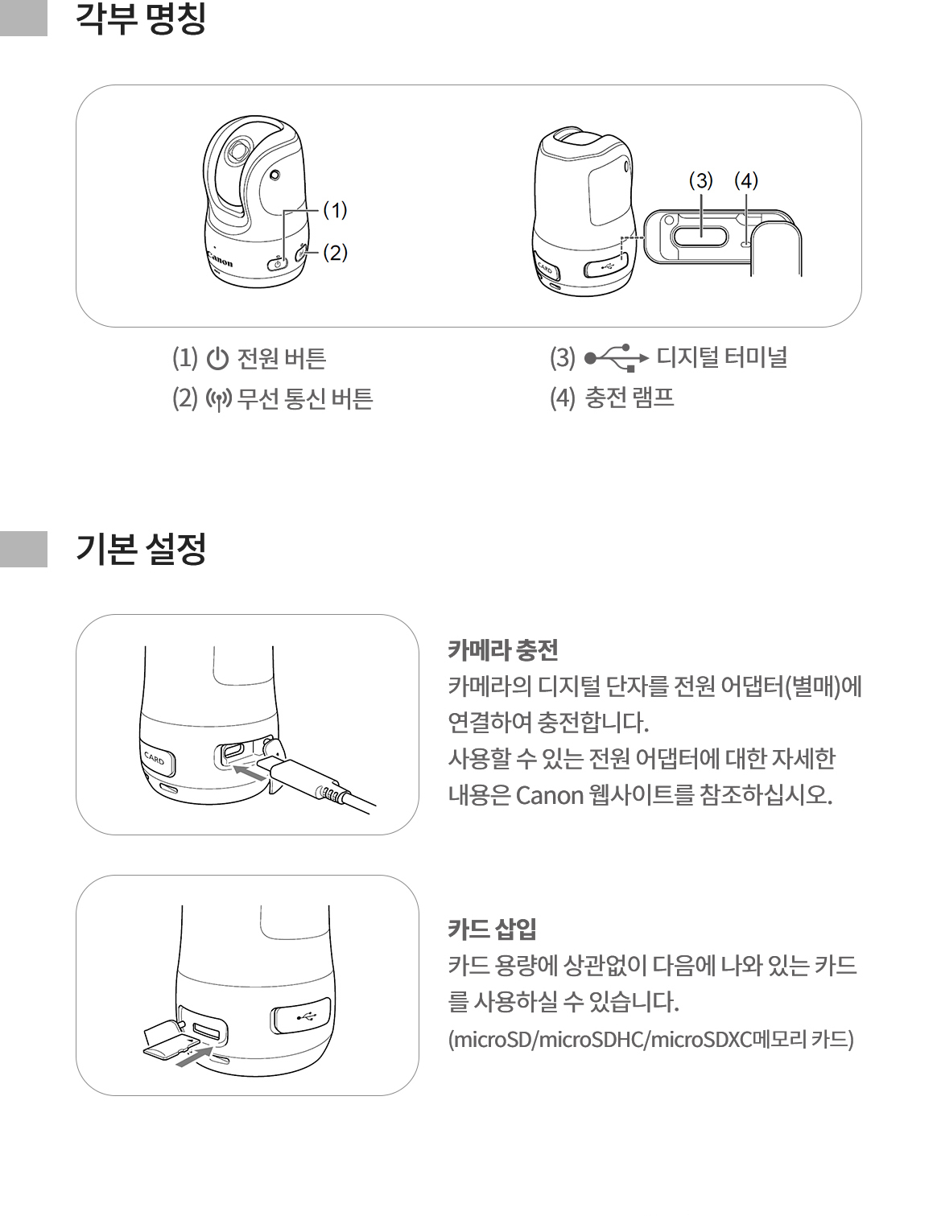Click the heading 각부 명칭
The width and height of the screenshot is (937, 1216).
pos(141,19)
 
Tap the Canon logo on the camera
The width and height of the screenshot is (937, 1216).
pos(220,259)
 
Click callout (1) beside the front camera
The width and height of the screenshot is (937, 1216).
pos(336,210)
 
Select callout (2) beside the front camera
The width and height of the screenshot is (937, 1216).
pos(336,253)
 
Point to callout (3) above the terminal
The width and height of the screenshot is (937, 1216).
pos(701,181)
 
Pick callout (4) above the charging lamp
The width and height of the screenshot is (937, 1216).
pos(746,181)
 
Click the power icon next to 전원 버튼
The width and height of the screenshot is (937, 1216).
pos(217,359)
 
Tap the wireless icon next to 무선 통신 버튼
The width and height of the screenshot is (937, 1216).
pos(219,399)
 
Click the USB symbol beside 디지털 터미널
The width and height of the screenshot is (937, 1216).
pos(617,357)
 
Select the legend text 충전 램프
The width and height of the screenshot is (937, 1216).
pos(629,398)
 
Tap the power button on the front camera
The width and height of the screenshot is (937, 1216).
pos(277,262)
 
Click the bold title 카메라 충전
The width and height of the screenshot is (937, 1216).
pos(502,649)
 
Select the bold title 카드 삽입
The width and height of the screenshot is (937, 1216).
pos(492,929)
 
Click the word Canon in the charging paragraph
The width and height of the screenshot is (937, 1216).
pos(550,795)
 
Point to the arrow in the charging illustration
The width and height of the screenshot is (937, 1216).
pos(248,774)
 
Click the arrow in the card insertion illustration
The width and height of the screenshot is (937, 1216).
pos(194,1057)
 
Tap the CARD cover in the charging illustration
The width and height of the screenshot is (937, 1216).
pos(157,759)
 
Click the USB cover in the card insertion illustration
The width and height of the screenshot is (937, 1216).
pos(300,1015)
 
